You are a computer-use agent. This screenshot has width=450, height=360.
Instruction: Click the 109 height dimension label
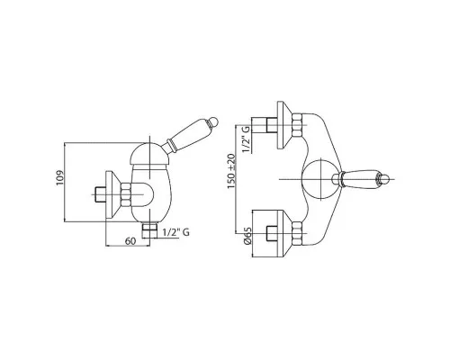pos(59,178)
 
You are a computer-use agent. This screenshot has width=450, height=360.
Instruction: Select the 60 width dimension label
pos(130,241)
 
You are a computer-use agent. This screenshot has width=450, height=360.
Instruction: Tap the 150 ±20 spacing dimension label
pos(231,171)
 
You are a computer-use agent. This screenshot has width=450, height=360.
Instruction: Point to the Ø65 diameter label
pos(247,236)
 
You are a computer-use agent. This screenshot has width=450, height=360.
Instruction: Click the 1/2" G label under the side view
pos(176,232)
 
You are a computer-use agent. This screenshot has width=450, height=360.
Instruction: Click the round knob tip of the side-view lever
pos(215,121)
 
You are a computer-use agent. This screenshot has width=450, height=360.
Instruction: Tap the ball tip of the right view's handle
pos(385,179)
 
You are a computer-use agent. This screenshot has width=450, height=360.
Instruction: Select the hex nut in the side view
pos(126,194)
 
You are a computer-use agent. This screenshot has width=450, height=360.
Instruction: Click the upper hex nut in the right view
pos(296,124)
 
